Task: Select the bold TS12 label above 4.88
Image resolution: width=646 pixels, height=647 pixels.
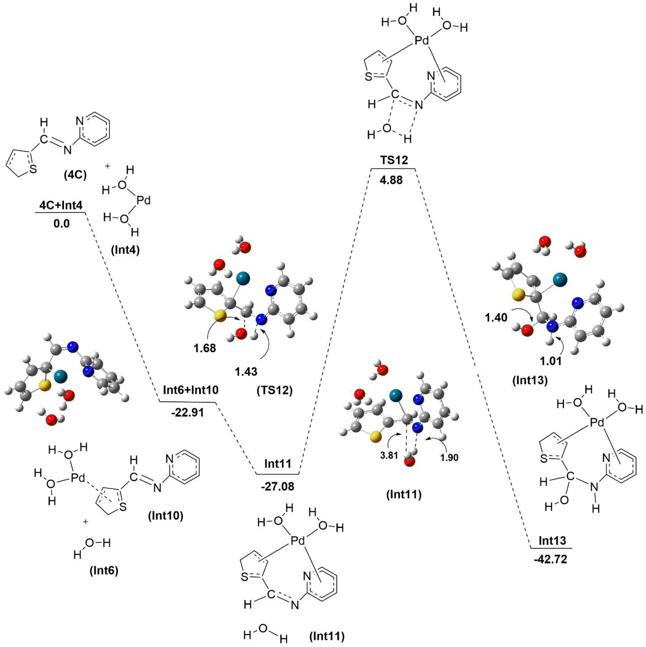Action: pos(394,160)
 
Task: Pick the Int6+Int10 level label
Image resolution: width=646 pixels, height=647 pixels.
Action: pos(191,390)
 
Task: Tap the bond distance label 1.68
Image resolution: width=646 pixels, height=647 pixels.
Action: pos(205,348)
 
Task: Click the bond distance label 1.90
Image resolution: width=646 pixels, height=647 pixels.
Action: pos(449,457)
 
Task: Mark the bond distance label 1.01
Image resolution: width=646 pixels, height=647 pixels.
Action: pos(551,361)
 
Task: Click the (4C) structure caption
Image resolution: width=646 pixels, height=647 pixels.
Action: pos(75,175)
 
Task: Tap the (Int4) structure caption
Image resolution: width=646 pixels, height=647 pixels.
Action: pos(125,250)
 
